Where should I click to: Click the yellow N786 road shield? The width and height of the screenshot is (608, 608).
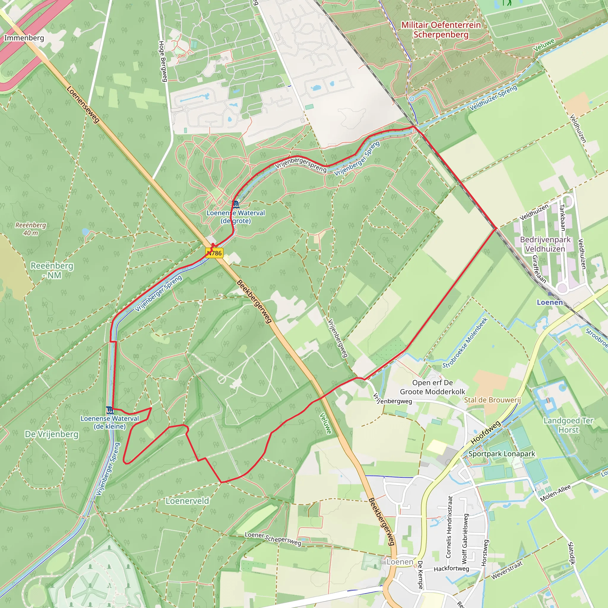pyautogui.click(x=214, y=253)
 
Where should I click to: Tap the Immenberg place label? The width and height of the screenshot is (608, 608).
pyautogui.click(x=24, y=38)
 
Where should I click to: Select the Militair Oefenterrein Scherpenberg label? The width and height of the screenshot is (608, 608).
pyautogui.click(x=441, y=30)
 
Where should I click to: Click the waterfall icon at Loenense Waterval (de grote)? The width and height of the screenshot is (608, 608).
pyautogui.click(x=236, y=205)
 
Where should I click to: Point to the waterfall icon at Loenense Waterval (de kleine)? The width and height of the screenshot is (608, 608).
pyautogui.click(x=110, y=410)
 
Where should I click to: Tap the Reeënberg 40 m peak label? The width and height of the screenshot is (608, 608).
pyautogui.click(x=31, y=229)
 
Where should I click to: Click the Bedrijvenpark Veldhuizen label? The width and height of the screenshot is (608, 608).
pyautogui.click(x=545, y=244)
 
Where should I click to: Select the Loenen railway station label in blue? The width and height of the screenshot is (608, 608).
pyautogui.click(x=550, y=303)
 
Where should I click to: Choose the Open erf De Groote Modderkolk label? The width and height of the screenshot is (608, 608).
pyautogui.click(x=432, y=387)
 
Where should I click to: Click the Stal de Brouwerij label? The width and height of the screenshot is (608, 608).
pyautogui.click(x=492, y=400)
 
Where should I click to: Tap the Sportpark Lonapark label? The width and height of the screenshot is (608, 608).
pyautogui.click(x=502, y=454)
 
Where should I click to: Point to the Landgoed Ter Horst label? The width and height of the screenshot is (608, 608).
pyautogui.click(x=568, y=425)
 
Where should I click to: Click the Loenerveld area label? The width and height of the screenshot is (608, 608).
pyautogui.click(x=187, y=501)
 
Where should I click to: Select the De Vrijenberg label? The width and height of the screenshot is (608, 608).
pyautogui.click(x=52, y=434)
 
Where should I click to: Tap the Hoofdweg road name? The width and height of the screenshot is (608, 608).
pyautogui.click(x=486, y=433)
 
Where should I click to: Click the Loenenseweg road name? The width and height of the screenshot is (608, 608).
pyautogui.click(x=83, y=104)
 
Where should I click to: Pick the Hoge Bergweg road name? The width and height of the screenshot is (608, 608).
pyautogui.click(x=162, y=61)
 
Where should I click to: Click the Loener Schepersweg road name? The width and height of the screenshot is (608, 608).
pyautogui.click(x=273, y=539)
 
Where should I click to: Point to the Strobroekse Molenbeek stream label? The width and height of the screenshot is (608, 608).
pyautogui.click(x=465, y=343)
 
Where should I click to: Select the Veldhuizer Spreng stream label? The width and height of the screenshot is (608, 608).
pyautogui.click(x=493, y=98)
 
